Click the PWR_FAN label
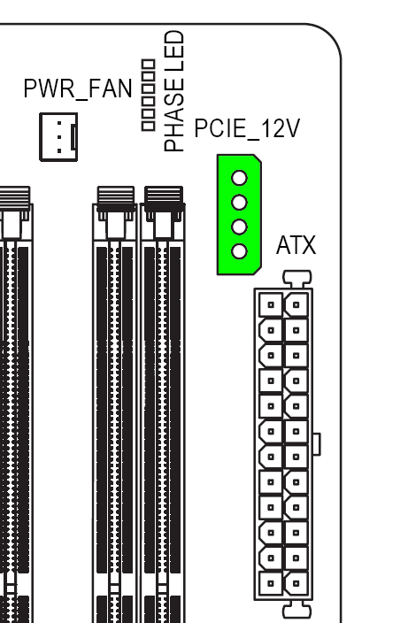tap(78, 89)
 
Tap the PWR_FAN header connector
tap(58, 137)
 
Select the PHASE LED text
tap(174, 91)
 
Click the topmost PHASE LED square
tap(148, 65)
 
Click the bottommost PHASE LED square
tap(148, 126)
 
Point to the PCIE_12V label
tap(247, 128)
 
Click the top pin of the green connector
tap(239, 178)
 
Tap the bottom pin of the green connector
tap(239, 251)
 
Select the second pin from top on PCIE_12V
tap(239, 203)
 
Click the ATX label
tap(296, 245)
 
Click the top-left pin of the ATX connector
tap(271, 305)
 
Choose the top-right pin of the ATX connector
tap(296, 305)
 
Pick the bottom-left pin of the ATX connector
tap(271, 584)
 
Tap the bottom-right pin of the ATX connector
tap(296, 584)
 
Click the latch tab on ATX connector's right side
tap(317, 444)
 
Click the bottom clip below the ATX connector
tap(296, 610)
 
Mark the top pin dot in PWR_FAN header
tap(59, 123)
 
